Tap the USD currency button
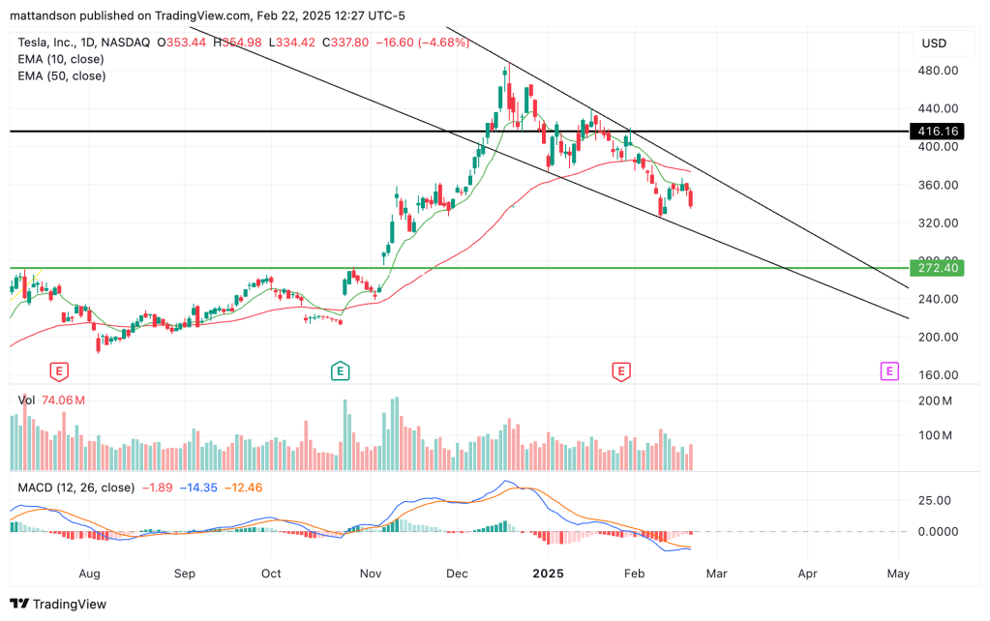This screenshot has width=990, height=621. [x=934, y=44]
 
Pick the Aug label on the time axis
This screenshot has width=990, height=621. [x=90, y=574]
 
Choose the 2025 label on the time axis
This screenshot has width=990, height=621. [x=548, y=574]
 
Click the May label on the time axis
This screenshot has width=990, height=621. [x=897, y=574]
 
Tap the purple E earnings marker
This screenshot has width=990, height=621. [x=888, y=370]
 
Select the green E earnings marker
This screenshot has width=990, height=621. [x=340, y=370]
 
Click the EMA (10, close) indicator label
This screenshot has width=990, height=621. [x=61, y=59]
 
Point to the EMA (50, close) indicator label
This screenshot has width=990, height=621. [x=61, y=75]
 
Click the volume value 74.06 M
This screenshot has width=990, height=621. [x=64, y=400]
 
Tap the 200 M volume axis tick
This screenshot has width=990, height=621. [x=936, y=400]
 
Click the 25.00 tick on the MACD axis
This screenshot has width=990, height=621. [x=936, y=500]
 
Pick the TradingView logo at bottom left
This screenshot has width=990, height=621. [x=58, y=604]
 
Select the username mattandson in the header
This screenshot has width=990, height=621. [x=43, y=15]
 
